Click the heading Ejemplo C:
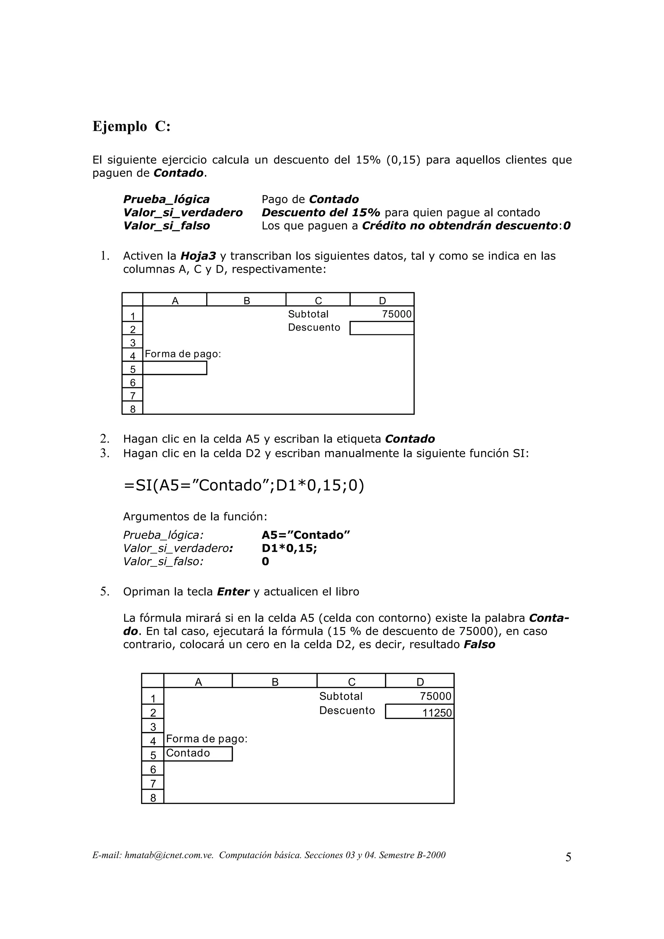click(131, 126)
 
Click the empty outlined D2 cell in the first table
click(382, 328)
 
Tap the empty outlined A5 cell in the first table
click(175, 368)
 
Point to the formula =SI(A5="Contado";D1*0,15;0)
click(243, 485)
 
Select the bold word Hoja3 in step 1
click(198, 256)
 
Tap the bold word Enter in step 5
click(233, 592)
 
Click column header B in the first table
click(247, 301)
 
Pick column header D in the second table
click(420, 682)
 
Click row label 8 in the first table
click(133, 409)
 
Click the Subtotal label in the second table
click(341, 696)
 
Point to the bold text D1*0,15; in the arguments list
click(289, 548)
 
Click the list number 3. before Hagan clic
click(105, 453)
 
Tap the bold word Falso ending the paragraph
click(479, 644)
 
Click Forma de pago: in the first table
click(183, 354)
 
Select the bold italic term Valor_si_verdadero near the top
click(183, 213)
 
